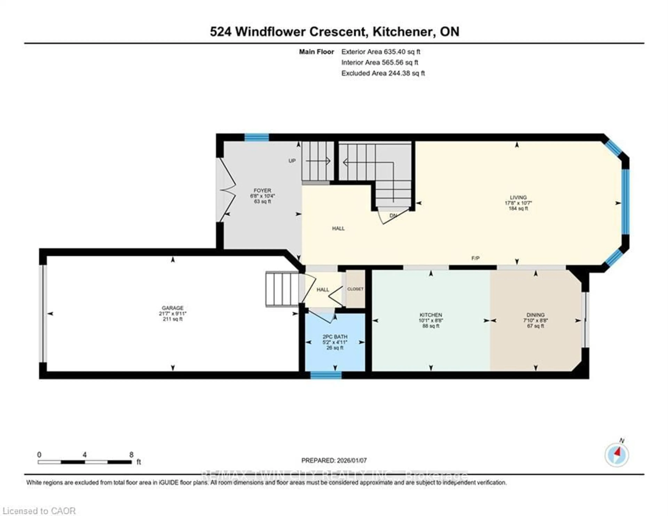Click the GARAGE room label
pos(173,308)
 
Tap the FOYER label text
pos(262,190)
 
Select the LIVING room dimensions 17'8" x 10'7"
pos(518,203)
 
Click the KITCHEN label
pos(431,315)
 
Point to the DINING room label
pos(535,315)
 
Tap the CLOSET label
pos(355,289)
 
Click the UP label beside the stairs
pos(292,161)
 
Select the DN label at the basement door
pos(393,216)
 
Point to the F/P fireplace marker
pos(475,258)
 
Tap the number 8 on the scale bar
pos(131,455)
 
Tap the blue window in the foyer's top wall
pos(257,137)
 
